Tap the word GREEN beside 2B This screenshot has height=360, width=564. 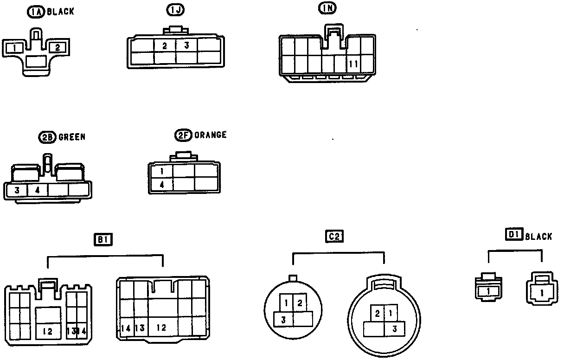point(72,137)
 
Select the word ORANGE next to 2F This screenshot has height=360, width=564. point(211,135)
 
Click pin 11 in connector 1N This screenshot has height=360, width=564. point(353,64)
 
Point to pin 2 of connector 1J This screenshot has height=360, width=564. point(165,45)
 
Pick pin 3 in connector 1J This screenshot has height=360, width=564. point(186,45)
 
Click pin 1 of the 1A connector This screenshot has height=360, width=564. point(15,47)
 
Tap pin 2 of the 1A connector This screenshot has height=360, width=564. point(58,47)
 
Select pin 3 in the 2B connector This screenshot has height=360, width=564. point(17,190)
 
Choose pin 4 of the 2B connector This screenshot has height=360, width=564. point(38,190)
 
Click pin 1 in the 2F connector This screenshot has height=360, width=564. point(162,171)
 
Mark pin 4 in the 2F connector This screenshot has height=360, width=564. point(162,184)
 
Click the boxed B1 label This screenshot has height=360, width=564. point(104,240)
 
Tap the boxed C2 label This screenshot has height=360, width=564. point(334,237)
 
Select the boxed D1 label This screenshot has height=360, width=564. point(513,235)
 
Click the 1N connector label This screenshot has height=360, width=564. point(327,8)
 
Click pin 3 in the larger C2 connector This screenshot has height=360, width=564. point(394,329)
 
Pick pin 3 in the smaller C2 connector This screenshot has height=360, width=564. point(282,319)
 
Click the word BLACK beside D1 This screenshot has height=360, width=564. point(538,237)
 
